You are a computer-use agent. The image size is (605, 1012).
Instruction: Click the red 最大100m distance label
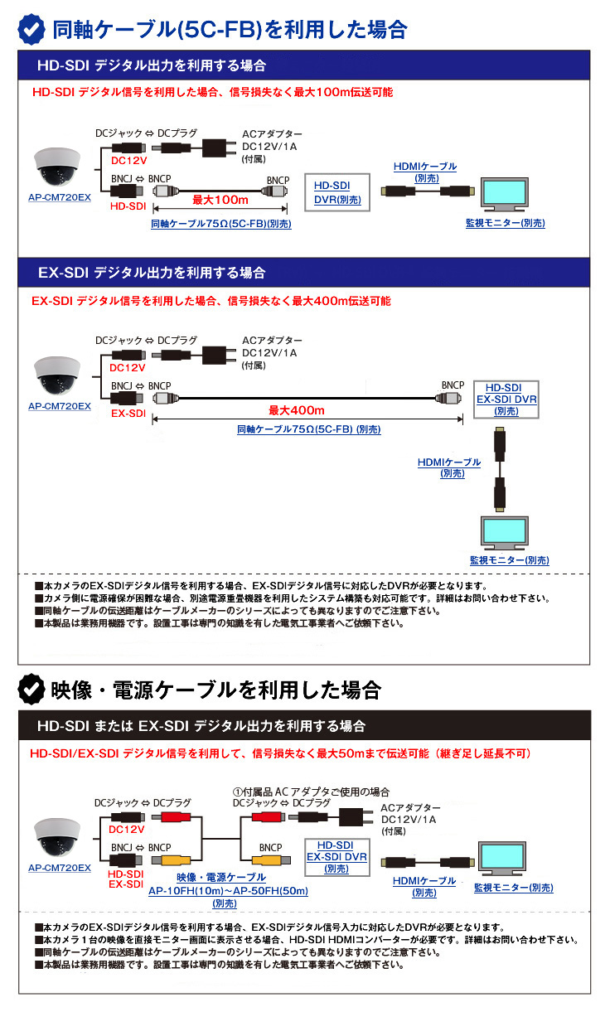pos(220,200)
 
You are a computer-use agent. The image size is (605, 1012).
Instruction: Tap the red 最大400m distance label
pos(296,410)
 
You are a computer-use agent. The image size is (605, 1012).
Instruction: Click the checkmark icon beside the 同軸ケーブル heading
pos(31,29)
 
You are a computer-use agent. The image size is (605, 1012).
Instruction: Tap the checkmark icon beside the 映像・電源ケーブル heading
pos(31,688)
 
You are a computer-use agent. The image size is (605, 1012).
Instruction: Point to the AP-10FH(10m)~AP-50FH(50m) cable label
pos(227,891)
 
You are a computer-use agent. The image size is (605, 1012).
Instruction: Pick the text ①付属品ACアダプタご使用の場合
pos(311,792)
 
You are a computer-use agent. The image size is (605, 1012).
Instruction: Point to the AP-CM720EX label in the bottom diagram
pos(59,868)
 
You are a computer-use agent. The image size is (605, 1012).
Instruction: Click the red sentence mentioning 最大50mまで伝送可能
pos(279,753)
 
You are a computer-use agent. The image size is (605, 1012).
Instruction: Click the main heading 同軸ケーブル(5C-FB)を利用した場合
pos(230,30)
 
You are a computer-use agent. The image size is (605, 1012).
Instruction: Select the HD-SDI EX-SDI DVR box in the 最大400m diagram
pos(506,399)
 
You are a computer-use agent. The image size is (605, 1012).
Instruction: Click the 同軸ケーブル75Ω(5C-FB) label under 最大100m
pos(220,224)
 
